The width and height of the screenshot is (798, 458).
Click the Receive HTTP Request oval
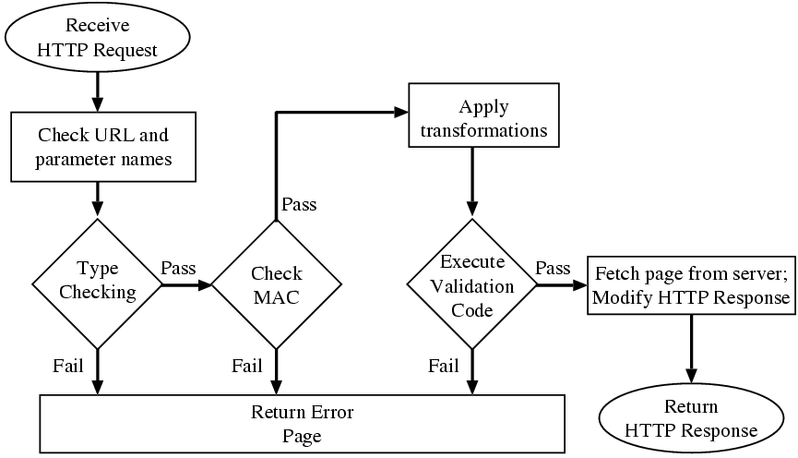tap(97, 37)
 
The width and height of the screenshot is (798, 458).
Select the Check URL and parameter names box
tap(102, 147)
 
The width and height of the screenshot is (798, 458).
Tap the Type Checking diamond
tap(97, 283)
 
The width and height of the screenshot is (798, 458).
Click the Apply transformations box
tap(483, 117)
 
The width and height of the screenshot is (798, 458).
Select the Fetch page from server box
tap(691, 286)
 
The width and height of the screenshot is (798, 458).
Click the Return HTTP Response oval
tap(691, 420)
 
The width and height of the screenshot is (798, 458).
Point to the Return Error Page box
tap(303, 423)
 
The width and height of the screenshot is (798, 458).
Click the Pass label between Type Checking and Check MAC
tap(178, 268)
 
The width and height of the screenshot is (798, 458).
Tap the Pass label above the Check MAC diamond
tap(299, 204)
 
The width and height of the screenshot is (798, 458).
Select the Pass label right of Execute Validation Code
tap(553, 268)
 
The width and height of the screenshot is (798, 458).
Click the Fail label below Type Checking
tap(69, 367)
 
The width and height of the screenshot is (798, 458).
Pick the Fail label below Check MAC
tap(247, 367)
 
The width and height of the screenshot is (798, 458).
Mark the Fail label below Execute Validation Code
tap(444, 367)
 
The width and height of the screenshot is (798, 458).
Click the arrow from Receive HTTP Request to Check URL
tap(97, 90)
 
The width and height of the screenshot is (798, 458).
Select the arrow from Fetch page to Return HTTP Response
tap(691, 351)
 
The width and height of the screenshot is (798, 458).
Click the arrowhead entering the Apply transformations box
tap(401, 112)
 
